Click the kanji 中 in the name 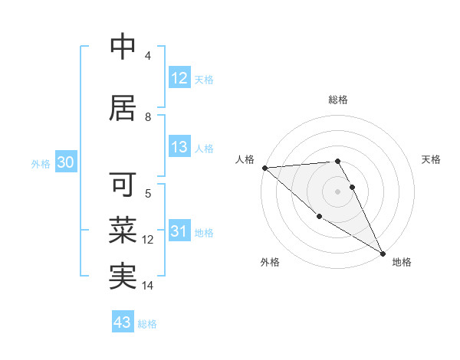click(123, 47)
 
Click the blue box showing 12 click(179, 78)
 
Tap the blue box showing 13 click(179, 148)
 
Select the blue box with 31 click(179, 232)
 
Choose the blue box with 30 click(65, 163)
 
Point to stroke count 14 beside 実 click(148, 286)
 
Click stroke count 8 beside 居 click(148, 116)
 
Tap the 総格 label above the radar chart click(338, 100)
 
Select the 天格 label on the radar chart click(431, 159)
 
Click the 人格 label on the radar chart click(245, 159)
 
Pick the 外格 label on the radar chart click(270, 262)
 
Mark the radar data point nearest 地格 click(382, 253)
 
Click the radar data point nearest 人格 click(264, 168)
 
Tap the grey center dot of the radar click(338, 191)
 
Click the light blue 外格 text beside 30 click(41, 164)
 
